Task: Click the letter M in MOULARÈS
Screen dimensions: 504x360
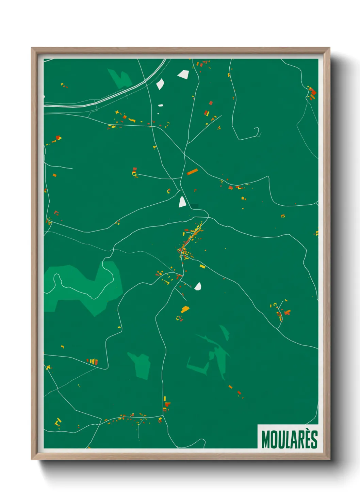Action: pos(265,440)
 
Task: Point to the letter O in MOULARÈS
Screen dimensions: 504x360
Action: pos(273,440)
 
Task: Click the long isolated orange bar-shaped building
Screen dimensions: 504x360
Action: pos(192,172)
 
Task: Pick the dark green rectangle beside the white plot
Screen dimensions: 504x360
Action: pos(194,206)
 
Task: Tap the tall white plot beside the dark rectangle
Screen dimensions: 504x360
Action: pos(182,202)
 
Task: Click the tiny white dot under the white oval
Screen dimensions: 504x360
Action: pos(158,113)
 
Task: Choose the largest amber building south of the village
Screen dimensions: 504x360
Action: pos(185,309)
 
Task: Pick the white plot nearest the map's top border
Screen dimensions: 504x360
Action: pos(183,74)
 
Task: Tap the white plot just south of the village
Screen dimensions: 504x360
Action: pos(198,286)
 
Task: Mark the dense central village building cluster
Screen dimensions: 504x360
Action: pos(190,240)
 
